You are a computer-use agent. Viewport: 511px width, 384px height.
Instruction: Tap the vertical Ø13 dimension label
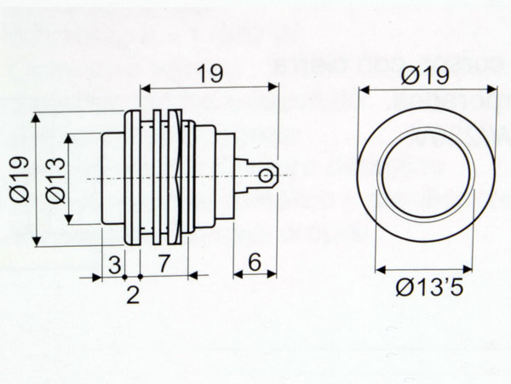(x=53, y=179)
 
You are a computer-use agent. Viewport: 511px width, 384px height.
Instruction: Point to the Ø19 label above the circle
(x=422, y=76)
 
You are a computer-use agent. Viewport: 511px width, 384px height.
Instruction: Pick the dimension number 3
(x=113, y=264)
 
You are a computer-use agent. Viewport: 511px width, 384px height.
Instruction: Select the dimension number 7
(x=164, y=264)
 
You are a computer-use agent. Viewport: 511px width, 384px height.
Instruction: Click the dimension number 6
(x=254, y=264)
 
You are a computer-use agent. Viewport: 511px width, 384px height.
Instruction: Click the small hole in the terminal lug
(x=267, y=176)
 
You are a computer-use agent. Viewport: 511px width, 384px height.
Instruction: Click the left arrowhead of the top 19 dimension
(x=143, y=87)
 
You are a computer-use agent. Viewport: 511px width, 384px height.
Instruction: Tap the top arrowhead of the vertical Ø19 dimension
(x=36, y=117)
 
